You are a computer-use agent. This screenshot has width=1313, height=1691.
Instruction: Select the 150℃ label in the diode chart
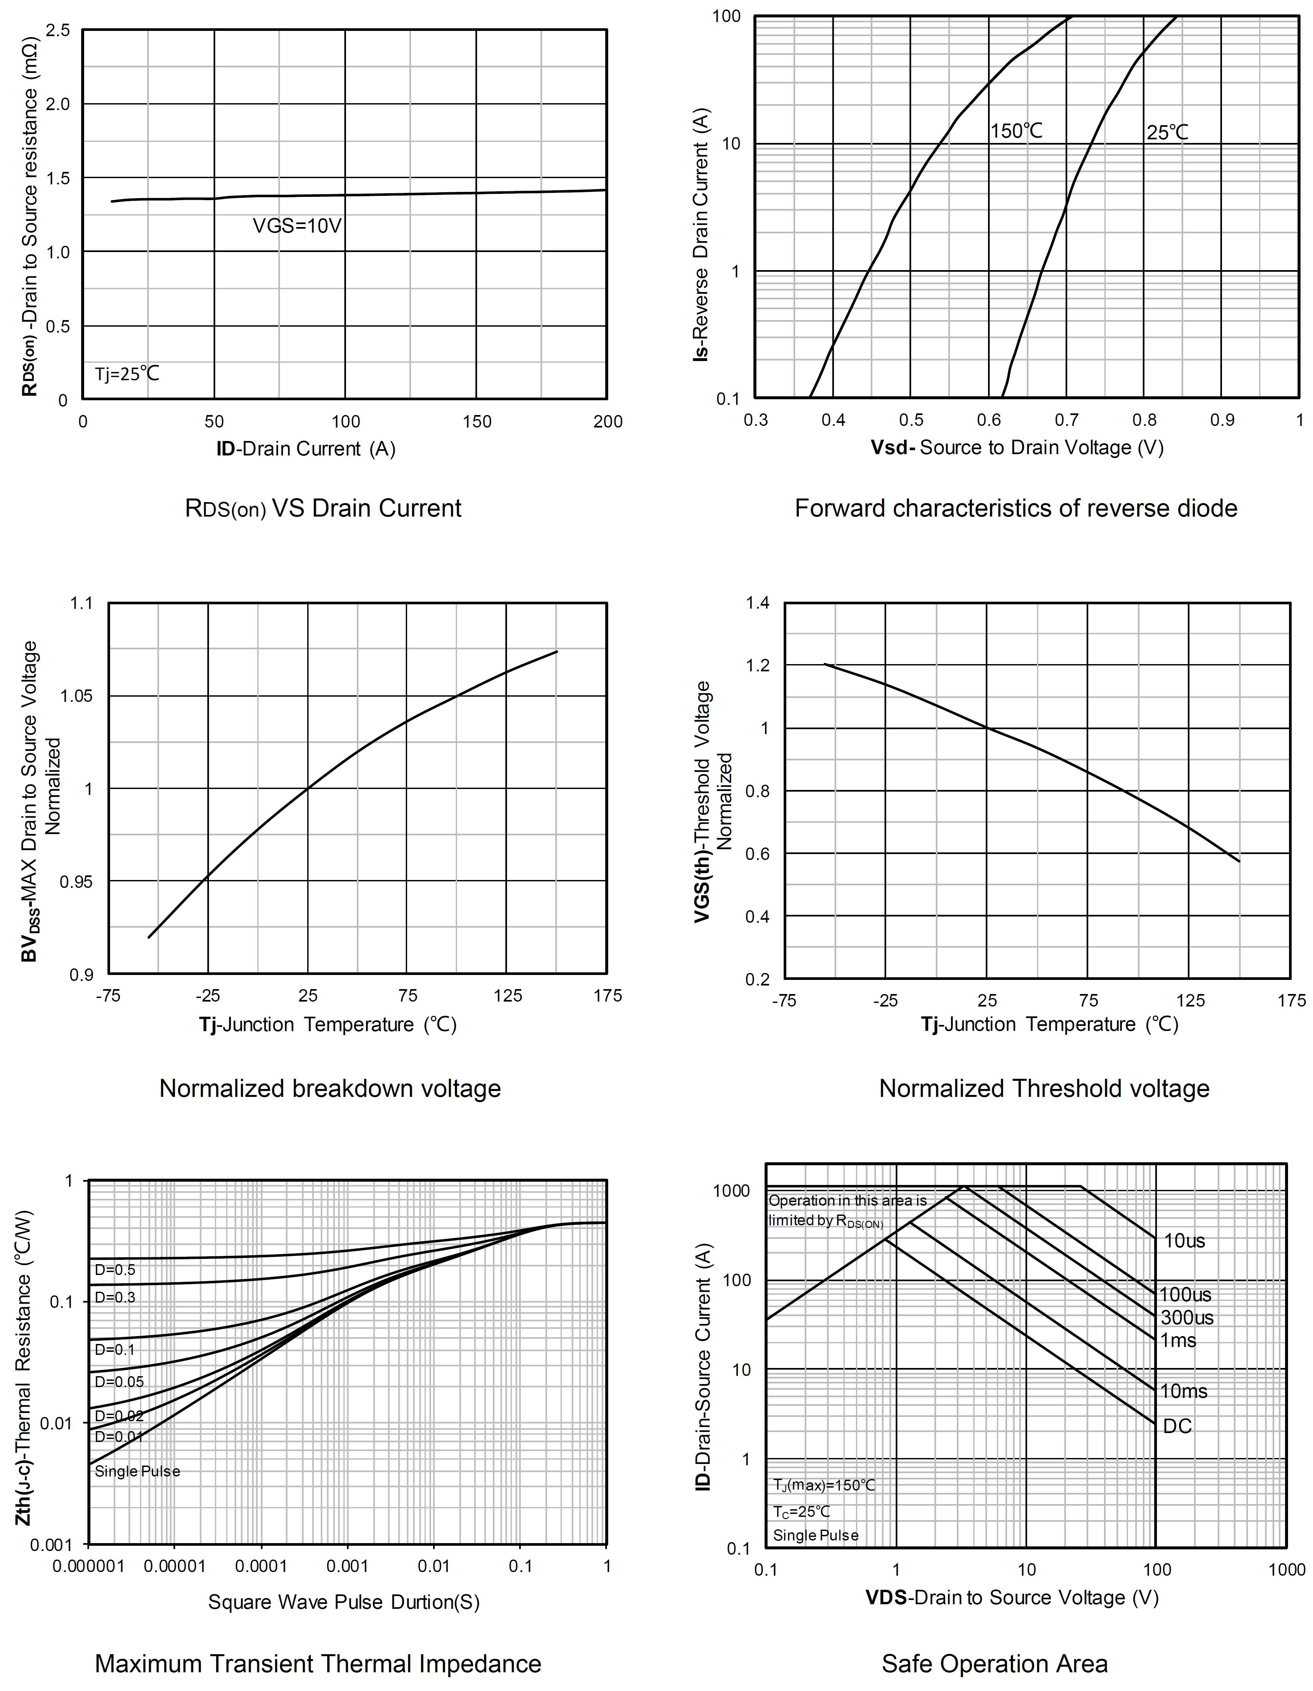click(1017, 132)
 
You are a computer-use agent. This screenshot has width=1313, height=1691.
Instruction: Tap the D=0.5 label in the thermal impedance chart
click(115, 1270)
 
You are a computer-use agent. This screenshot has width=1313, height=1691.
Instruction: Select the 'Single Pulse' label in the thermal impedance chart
click(137, 1471)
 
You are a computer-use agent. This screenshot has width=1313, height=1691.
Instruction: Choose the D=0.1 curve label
click(115, 1350)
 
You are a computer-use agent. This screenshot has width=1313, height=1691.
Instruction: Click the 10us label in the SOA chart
click(1185, 1241)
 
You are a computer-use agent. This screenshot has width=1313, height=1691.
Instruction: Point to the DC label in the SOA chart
click(1177, 1426)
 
